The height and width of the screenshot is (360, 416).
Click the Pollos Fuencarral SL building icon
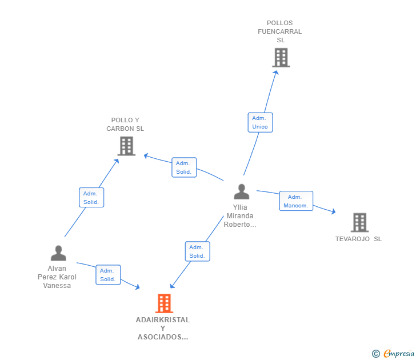pos(281,58)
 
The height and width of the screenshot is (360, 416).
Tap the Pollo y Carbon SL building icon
pos(126,146)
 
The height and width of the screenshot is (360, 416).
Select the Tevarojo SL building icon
pos(359,222)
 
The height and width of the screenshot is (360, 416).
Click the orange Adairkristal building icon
pos(164,303)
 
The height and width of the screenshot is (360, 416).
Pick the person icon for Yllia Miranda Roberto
pos(242,192)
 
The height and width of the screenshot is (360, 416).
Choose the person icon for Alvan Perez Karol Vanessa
pos(58,253)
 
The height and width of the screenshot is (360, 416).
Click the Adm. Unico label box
pos(260,122)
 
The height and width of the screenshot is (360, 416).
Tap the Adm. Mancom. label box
pos(296,201)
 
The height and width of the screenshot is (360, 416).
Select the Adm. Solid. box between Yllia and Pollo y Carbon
pos(184,167)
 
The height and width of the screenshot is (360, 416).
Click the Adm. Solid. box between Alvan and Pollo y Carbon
pos(91,198)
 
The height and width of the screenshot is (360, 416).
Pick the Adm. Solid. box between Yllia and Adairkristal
pos(197,251)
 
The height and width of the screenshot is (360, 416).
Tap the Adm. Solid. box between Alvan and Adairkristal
pos(107,275)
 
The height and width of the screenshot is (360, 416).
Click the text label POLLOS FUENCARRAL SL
pos(280,32)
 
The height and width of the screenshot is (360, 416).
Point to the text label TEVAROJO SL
pos(358,239)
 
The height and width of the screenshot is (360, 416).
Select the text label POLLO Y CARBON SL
pos(125,125)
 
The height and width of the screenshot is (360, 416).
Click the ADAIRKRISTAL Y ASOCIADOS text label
pos(163,329)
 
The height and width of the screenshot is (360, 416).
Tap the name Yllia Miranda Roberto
pos(240,216)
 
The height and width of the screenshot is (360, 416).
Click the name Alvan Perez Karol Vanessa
pos(57,277)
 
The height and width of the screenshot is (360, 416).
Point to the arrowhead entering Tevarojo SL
pos(333,212)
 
